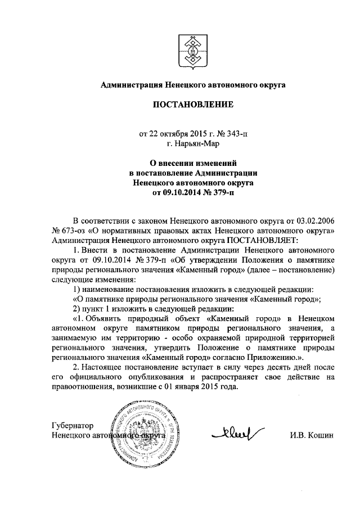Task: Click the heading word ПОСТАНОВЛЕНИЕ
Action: tap(193, 105)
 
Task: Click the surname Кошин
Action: tap(321, 435)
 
